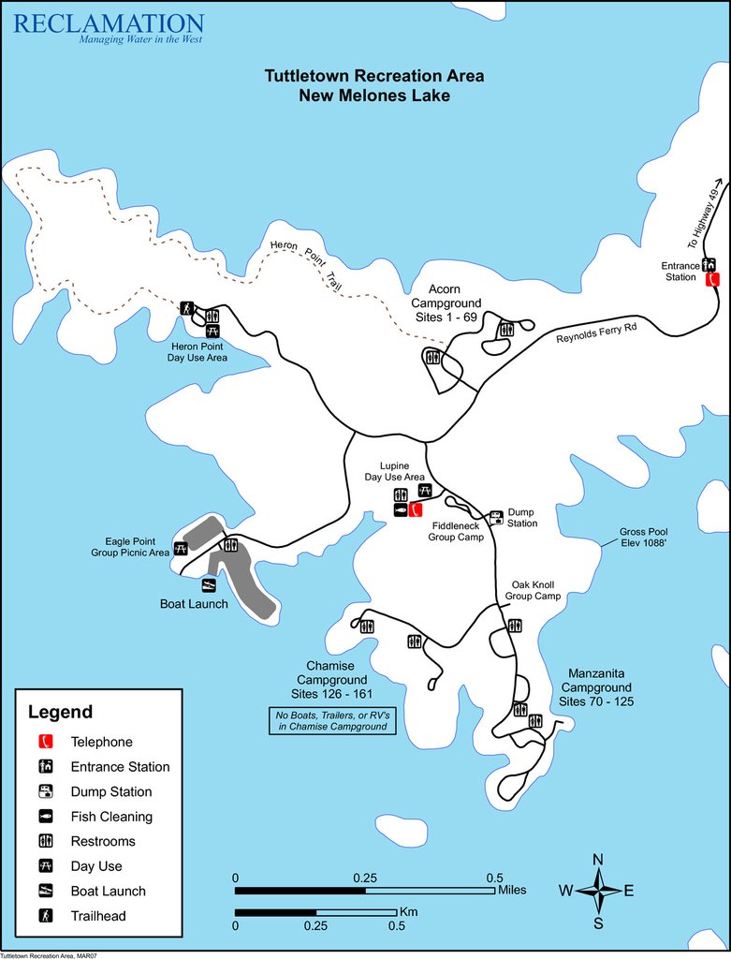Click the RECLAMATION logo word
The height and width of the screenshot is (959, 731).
pos(109,23)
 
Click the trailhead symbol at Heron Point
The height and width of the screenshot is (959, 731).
pos(186,308)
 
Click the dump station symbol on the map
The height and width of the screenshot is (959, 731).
pos(496,516)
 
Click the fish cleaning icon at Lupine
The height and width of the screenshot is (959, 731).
pos(401,510)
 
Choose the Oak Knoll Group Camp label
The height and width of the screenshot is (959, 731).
pos(534,589)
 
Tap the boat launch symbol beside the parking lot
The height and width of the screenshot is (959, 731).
pos(209,585)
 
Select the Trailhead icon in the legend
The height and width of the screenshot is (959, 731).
pos(44,916)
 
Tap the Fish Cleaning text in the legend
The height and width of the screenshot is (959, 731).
pos(111,817)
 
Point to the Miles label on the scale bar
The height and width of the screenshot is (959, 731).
pos(513,890)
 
